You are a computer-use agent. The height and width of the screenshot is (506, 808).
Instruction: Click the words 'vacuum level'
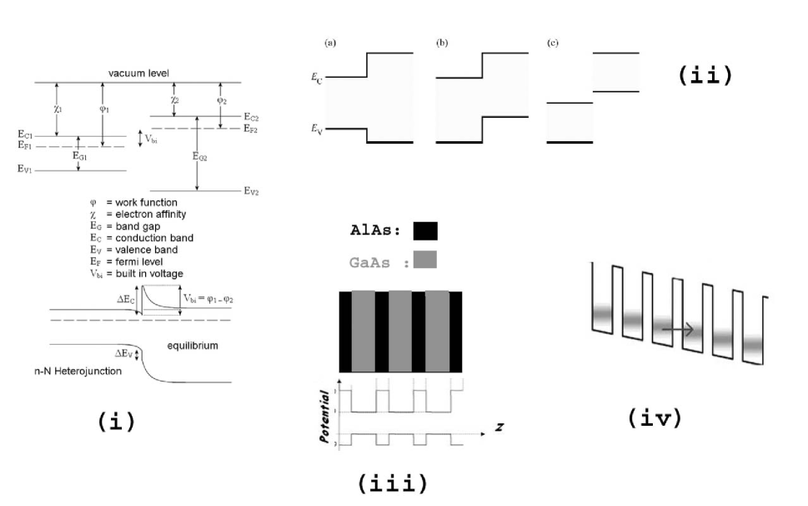point(138,73)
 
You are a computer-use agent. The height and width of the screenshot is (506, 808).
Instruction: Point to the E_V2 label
point(252,191)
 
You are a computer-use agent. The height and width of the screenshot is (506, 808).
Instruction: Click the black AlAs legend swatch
point(424,230)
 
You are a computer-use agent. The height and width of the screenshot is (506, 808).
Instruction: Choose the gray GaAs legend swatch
point(424,260)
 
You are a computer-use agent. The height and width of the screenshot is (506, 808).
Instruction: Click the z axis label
point(499,427)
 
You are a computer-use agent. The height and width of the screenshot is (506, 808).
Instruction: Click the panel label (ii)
point(705,75)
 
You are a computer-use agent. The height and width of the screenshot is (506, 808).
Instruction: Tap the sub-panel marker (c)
point(552,42)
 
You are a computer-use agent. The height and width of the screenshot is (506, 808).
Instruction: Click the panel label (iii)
point(393,483)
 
